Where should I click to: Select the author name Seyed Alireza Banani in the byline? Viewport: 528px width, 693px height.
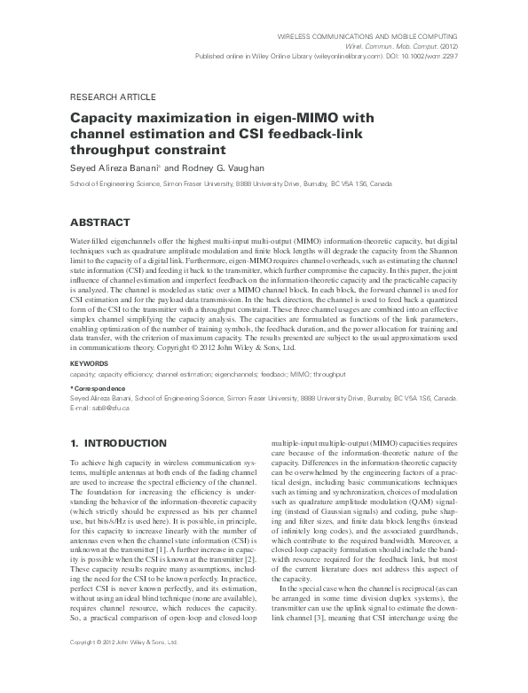point(114,168)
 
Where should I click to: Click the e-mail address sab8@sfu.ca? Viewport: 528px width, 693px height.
point(99,408)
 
